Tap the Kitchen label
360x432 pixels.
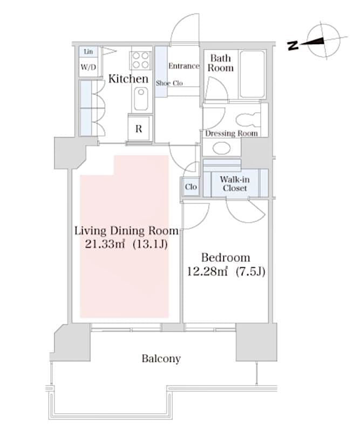128,79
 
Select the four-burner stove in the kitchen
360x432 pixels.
140,59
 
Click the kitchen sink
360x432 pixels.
140,99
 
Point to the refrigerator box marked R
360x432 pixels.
139,129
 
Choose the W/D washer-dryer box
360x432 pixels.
89,67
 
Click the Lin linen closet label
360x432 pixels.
88,52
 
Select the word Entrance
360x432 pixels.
185,66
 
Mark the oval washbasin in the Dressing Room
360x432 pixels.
221,147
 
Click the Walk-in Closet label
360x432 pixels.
234,184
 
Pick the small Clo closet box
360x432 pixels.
191,187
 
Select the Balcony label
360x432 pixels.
161,359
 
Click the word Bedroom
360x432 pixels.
225,257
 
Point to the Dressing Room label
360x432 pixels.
231,133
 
